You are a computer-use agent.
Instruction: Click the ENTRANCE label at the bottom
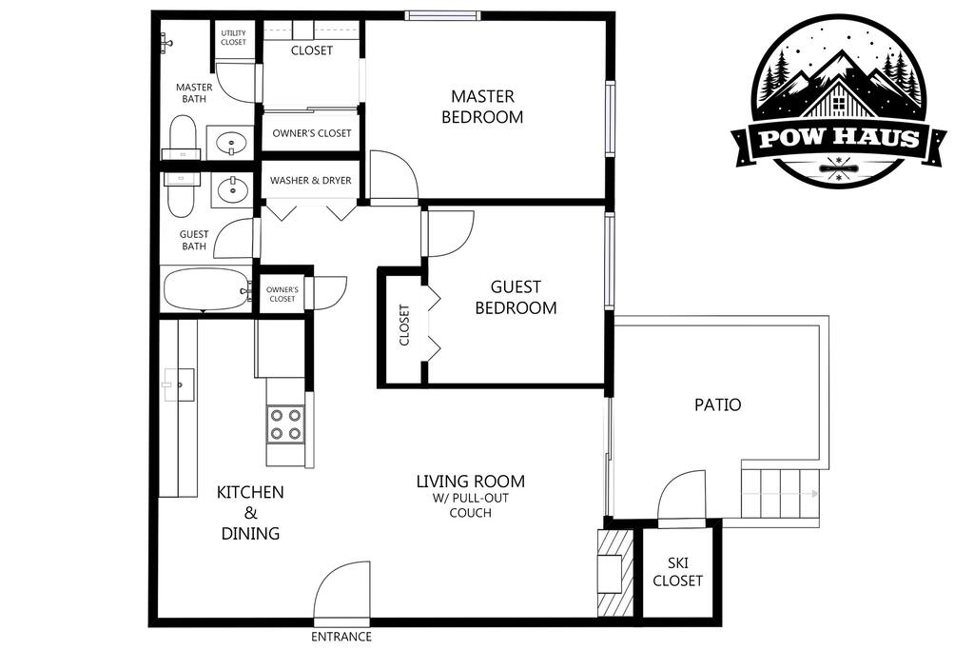point(341,637)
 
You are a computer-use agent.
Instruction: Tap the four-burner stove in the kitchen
point(285,424)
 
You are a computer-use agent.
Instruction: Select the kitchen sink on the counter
point(179,384)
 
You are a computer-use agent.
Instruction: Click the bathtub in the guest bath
point(206,289)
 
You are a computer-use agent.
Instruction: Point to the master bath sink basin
point(231,143)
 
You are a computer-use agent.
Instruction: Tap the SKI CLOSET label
point(677,572)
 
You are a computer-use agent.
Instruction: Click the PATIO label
point(717,405)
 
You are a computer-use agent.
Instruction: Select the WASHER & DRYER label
point(311,181)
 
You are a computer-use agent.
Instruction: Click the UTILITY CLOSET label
point(234,38)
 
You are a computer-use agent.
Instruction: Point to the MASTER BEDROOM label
point(482,107)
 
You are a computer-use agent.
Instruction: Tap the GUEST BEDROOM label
point(516,298)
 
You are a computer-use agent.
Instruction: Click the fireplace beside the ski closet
point(615,573)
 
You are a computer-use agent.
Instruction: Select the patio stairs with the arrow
point(780,494)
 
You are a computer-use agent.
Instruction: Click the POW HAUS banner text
point(839,138)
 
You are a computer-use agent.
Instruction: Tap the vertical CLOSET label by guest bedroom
point(404,325)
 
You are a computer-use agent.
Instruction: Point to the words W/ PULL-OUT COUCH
point(471,506)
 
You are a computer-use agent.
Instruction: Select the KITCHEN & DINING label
point(250,513)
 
